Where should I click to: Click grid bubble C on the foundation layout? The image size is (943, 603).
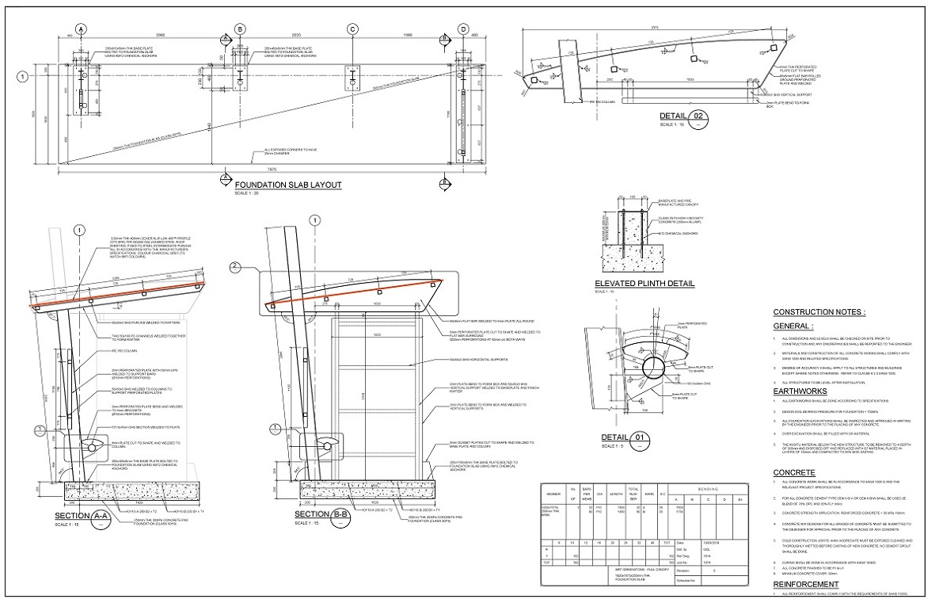[x=352, y=29]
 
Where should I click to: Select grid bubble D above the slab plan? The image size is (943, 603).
[x=462, y=29]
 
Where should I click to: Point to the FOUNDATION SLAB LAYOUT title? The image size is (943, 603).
[x=287, y=185]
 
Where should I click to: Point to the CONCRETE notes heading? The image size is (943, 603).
[x=795, y=472]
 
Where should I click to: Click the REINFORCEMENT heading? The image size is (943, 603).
[x=807, y=584]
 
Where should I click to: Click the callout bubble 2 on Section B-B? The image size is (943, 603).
[x=234, y=266]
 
